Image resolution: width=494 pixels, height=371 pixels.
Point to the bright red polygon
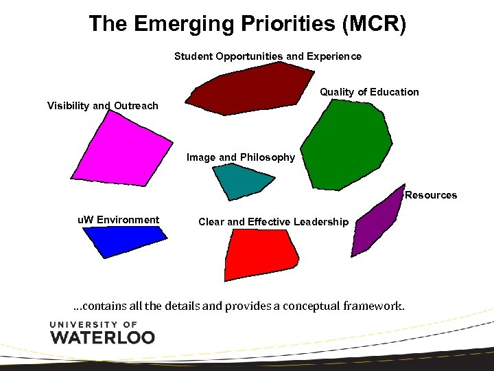coord(260,254)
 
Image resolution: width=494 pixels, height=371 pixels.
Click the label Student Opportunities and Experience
coord(268,56)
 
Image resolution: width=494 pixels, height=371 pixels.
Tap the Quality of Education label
coord(369,92)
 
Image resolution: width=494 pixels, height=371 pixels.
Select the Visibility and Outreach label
coord(102,106)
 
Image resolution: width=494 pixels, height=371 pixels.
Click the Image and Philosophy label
coord(241,157)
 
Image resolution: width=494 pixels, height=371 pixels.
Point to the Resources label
coord(431,195)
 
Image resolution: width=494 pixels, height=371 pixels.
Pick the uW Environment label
coord(118,220)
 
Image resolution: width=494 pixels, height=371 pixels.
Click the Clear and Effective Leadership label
coord(273,222)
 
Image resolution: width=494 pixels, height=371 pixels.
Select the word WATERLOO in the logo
coord(102,337)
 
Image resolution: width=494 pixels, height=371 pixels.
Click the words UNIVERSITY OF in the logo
coord(94,324)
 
